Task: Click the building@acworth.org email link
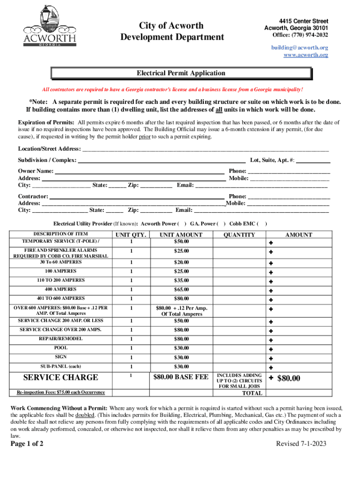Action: (299, 48)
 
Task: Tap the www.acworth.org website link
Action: (306, 55)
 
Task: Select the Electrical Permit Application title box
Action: (181, 73)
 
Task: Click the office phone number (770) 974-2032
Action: (300, 35)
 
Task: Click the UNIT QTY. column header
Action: (131, 235)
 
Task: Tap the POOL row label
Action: (60, 348)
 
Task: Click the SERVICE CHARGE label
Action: (61, 377)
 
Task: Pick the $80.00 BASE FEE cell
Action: (181, 377)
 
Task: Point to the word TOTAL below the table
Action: (252, 393)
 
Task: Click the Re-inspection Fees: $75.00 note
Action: (61, 392)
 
